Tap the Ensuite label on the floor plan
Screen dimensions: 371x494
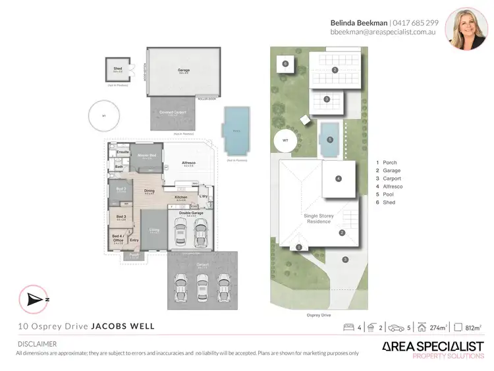point(123,152)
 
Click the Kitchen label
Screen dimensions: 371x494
point(181,197)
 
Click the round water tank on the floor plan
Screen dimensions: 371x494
point(103,116)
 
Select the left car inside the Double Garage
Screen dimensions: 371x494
point(180,231)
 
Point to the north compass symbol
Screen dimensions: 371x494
point(36,299)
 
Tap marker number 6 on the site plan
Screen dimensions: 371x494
point(285,64)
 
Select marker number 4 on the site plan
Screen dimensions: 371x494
point(338,179)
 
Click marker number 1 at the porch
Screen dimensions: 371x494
point(298,247)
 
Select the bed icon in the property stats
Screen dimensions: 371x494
point(349,328)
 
